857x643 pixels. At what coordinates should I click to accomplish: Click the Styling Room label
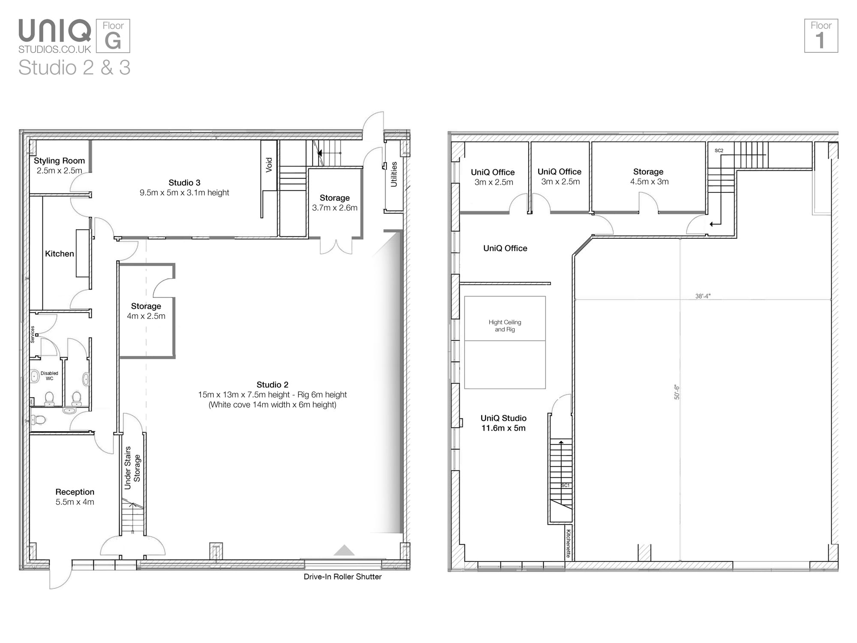(59, 161)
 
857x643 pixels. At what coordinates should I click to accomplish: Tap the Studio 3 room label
(184, 183)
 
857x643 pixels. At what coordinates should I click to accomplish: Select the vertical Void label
(269, 165)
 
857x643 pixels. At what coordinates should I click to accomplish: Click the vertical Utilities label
(394, 174)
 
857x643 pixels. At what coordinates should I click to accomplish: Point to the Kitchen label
(60, 254)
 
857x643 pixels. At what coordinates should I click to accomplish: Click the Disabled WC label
(49, 376)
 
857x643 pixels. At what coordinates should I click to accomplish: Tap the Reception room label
(75, 492)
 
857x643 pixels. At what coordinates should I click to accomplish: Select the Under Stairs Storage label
(132, 468)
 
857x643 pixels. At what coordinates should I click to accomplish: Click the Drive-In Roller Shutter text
(342, 577)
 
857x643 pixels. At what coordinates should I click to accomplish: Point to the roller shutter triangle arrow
(344, 550)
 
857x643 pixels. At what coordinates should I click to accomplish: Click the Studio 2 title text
(273, 385)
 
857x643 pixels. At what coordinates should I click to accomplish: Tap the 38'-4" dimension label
(703, 296)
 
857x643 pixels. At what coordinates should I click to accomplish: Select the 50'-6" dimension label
(677, 392)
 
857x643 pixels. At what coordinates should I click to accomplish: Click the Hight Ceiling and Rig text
(505, 326)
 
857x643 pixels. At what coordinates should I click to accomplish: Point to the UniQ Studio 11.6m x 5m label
(503, 423)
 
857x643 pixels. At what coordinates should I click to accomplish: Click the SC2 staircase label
(719, 150)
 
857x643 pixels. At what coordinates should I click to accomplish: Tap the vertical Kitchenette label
(569, 543)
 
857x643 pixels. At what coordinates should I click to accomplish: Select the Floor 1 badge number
(820, 41)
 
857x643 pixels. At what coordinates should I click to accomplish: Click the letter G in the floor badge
(113, 41)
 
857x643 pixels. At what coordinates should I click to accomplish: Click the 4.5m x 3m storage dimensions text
(649, 182)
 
